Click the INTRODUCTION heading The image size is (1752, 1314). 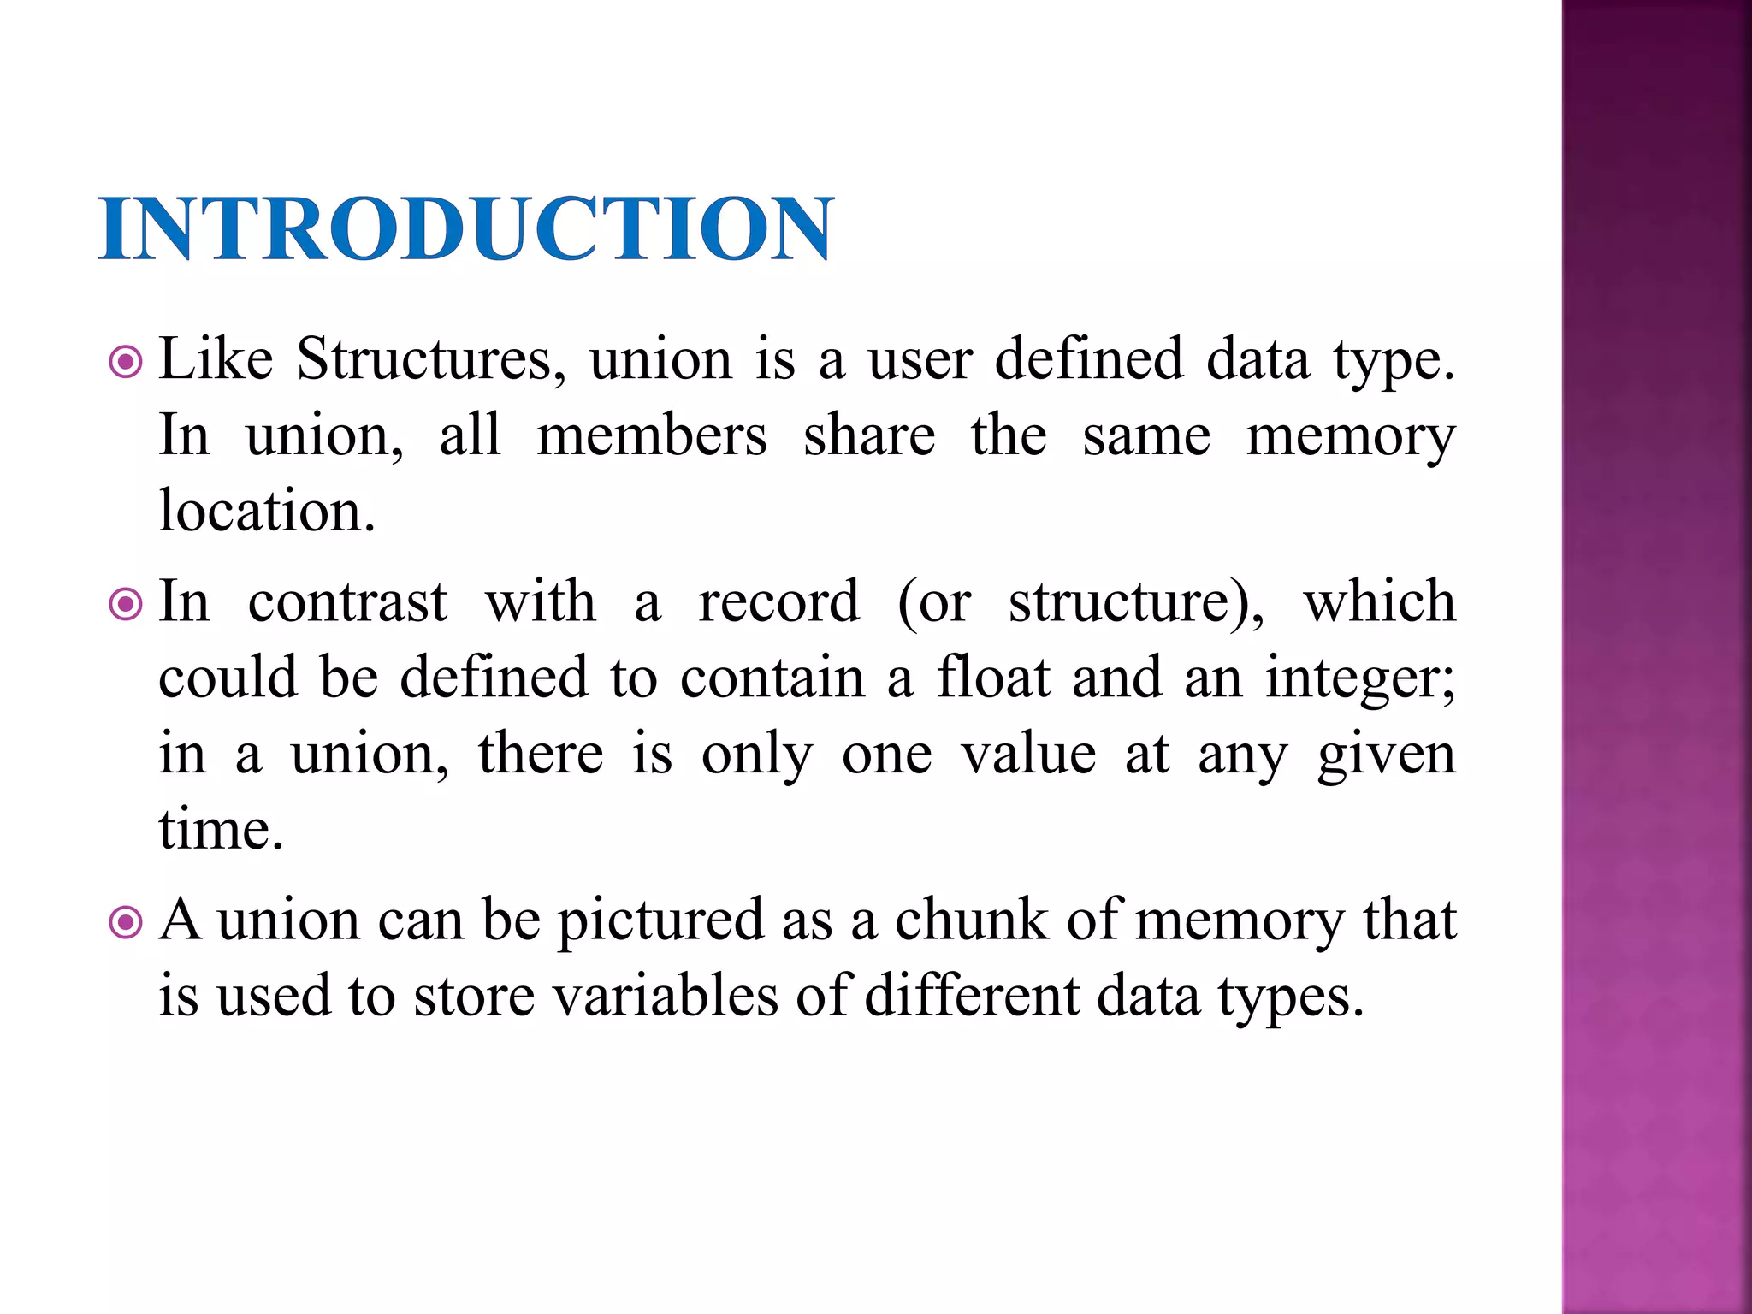click(x=466, y=228)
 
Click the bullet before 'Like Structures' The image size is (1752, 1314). click(x=127, y=362)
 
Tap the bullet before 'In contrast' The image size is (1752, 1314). click(x=127, y=605)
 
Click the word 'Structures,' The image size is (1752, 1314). click(x=431, y=359)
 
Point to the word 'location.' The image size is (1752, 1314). click(x=267, y=511)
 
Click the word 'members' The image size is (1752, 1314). click(x=652, y=436)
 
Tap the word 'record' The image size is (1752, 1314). click(x=778, y=601)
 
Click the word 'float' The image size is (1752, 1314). click(x=993, y=678)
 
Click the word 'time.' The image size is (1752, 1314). click(x=221, y=830)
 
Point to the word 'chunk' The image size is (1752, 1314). click(x=971, y=920)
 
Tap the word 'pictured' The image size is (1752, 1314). click(x=660, y=922)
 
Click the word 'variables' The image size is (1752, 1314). click(x=666, y=996)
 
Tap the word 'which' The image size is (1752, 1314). click(x=1379, y=601)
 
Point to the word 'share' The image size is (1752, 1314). click(x=869, y=436)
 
